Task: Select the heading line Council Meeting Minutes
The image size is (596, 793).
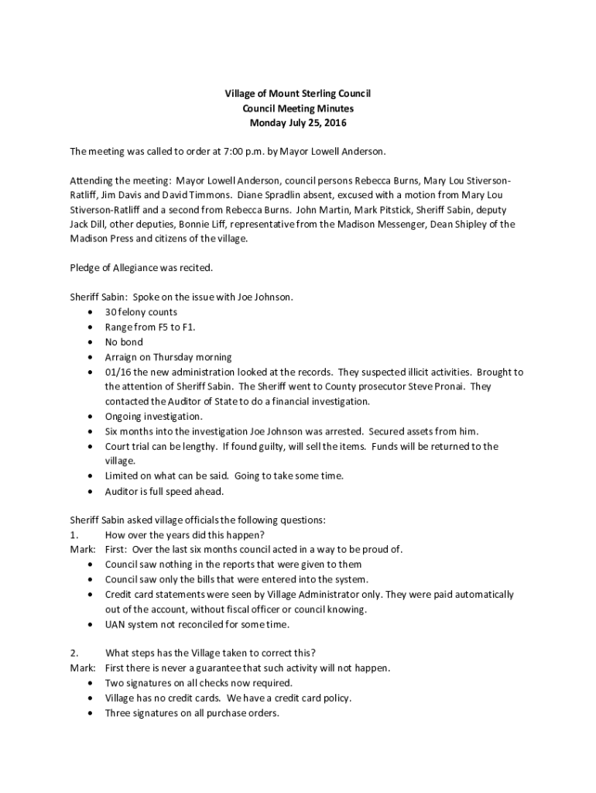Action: tap(298, 108)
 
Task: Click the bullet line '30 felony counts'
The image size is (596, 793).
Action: tap(141, 312)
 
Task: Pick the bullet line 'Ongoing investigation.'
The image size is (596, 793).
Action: tap(153, 417)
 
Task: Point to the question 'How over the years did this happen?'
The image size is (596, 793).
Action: tap(185, 535)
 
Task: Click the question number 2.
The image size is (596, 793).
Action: tap(74, 653)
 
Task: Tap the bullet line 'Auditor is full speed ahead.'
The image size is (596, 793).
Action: tap(164, 492)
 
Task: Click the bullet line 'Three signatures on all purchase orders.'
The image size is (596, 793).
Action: tap(192, 713)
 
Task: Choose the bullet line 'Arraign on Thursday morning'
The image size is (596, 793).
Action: tap(168, 357)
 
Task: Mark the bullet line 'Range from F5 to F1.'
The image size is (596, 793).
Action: tap(150, 327)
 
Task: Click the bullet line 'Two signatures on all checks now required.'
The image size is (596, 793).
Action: tap(199, 683)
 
